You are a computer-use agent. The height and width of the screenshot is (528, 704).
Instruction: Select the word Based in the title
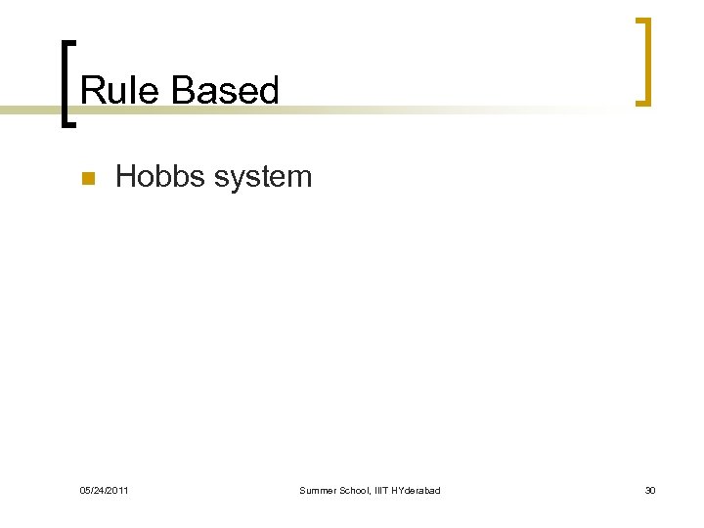[225, 91]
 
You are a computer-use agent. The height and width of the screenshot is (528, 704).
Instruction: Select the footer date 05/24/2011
[104, 490]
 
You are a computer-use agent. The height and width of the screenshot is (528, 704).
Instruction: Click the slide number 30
[650, 490]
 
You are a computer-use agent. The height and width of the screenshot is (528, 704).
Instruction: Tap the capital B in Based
[181, 91]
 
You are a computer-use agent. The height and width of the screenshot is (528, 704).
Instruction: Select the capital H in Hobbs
[125, 177]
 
